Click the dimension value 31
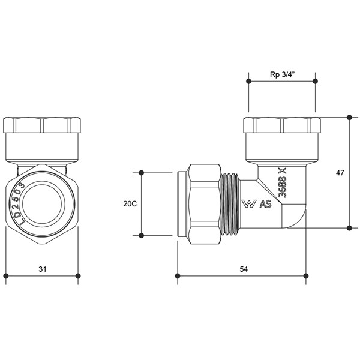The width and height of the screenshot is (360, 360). pos(43,269)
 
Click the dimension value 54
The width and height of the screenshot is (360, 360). pos(244,269)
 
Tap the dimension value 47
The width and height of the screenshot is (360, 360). pos(340,173)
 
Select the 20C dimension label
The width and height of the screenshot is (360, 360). pos(130,203)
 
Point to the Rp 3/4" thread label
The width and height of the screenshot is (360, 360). pos(282,74)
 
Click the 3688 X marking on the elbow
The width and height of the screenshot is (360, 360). pos(283,182)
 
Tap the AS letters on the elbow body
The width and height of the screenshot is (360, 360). pos(266,204)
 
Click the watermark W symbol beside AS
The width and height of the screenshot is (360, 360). pos(250,204)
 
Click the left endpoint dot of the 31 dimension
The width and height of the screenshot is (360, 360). pos(6,276)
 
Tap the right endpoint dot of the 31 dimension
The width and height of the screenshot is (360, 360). pos(78,276)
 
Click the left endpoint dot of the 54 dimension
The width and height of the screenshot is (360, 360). pos(178,276)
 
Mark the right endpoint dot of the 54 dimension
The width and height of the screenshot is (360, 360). pos(306,276)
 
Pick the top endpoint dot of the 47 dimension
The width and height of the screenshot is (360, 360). pos(349,118)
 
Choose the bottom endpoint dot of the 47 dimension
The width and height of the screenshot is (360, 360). pos(349,228)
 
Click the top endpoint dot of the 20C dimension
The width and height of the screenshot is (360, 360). pos(142,173)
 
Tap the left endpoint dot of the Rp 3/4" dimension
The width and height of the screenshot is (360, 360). pos(248,81)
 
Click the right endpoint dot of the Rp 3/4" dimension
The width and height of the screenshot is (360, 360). pos(315,81)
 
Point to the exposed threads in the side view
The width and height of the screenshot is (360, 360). pos(230,204)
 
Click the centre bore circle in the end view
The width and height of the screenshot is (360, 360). pos(42,204)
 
